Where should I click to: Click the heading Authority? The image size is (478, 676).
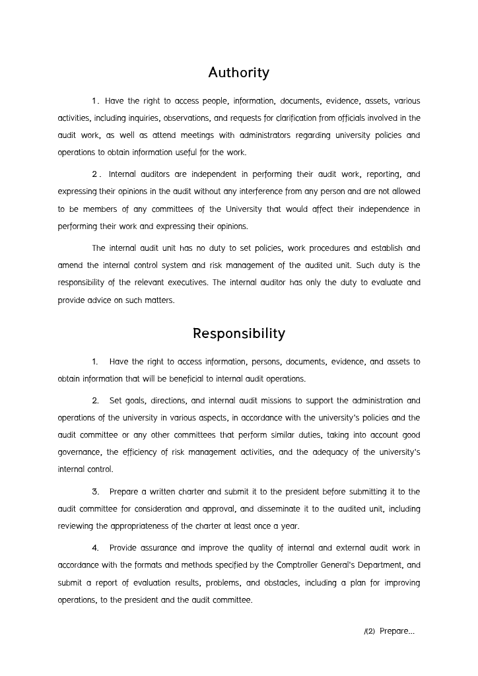238,73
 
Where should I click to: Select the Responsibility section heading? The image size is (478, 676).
238,333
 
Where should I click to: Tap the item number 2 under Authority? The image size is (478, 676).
96,175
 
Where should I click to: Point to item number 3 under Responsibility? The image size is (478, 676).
96,492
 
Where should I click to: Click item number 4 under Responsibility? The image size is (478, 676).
96,548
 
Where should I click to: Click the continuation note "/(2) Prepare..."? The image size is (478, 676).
390,631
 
